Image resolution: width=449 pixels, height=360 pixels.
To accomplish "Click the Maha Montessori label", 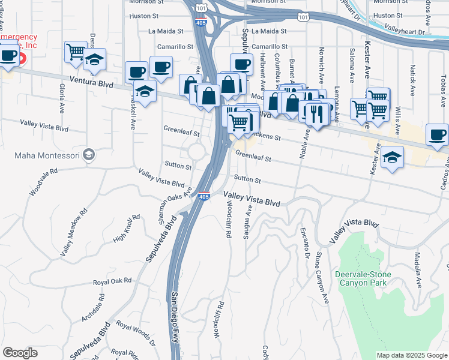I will pos(47,155).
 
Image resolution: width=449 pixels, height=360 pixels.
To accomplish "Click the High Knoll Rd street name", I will pos(126,228).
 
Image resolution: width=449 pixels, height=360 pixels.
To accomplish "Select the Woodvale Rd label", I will pos(45,181).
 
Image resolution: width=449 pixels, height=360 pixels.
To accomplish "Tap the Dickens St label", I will pos(268,136).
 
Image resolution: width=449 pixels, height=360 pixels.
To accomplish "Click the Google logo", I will pos(19,353).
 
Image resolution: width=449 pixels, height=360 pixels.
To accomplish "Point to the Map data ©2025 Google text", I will pos(412,355).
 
